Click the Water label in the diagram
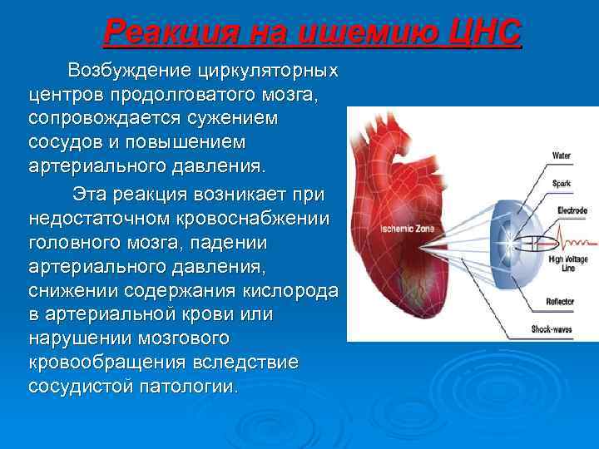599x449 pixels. pos(562,155)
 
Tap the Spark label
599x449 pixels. pos(562,182)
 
